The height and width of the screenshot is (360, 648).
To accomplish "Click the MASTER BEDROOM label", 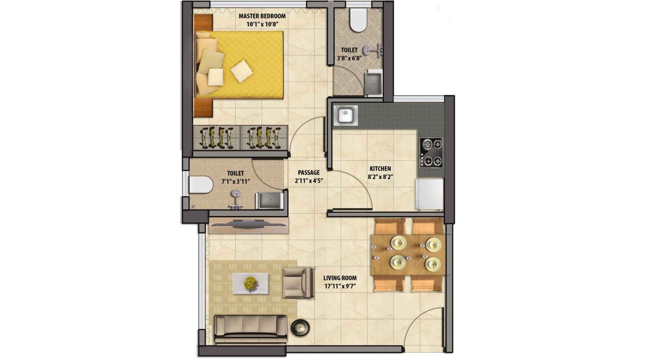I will coord(262,16).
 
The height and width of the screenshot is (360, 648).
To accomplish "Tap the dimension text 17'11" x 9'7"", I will coord(340,286).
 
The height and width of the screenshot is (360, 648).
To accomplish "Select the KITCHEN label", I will coord(380,168).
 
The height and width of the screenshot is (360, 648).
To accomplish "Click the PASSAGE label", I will coord(309,173).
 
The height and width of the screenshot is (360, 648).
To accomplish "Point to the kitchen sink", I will coord(345,115).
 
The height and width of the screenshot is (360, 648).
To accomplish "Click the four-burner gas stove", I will coord(431,152).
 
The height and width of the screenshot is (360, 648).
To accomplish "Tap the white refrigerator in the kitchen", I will coord(429,194).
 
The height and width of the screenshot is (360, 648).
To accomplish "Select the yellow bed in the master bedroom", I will coord(243,65).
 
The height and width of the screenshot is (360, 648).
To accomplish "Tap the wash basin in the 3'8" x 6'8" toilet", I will coord(373,83).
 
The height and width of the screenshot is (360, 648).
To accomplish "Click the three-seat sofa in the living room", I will coord(250,326).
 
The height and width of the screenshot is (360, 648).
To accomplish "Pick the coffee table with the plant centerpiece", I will coord(251,282).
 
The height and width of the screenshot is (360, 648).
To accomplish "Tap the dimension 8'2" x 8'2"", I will coord(380,177).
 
